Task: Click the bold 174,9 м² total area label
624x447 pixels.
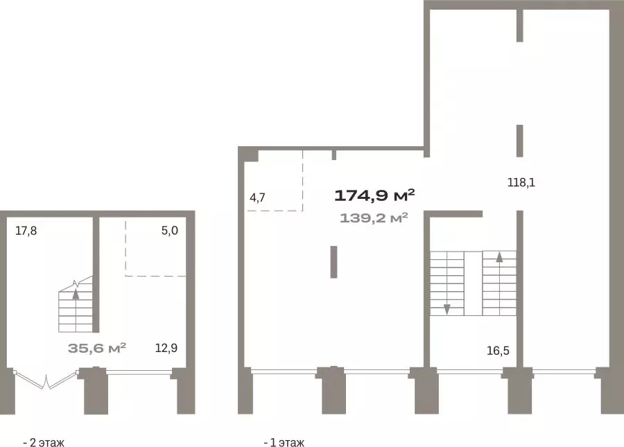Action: coord(374,195)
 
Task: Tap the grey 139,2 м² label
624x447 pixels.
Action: coord(374,218)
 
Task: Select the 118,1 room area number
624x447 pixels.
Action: coord(521,182)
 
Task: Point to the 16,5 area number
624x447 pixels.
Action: coord(498,351)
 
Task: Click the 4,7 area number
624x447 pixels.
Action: coord(257,198)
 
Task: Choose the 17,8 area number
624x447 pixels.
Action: coord(26,231)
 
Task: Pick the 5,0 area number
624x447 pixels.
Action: coord(170,231)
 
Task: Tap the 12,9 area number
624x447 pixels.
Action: coord(166,348)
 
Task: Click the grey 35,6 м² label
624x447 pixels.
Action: coord(97,348)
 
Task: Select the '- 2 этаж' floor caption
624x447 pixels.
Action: coord(44,442)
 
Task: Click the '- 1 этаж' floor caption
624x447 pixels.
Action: coord(284,442)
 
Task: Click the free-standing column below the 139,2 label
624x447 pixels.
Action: coord(334,262)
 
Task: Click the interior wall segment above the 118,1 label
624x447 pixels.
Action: coord(520,141)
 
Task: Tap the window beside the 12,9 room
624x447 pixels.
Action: coord(139,372)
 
